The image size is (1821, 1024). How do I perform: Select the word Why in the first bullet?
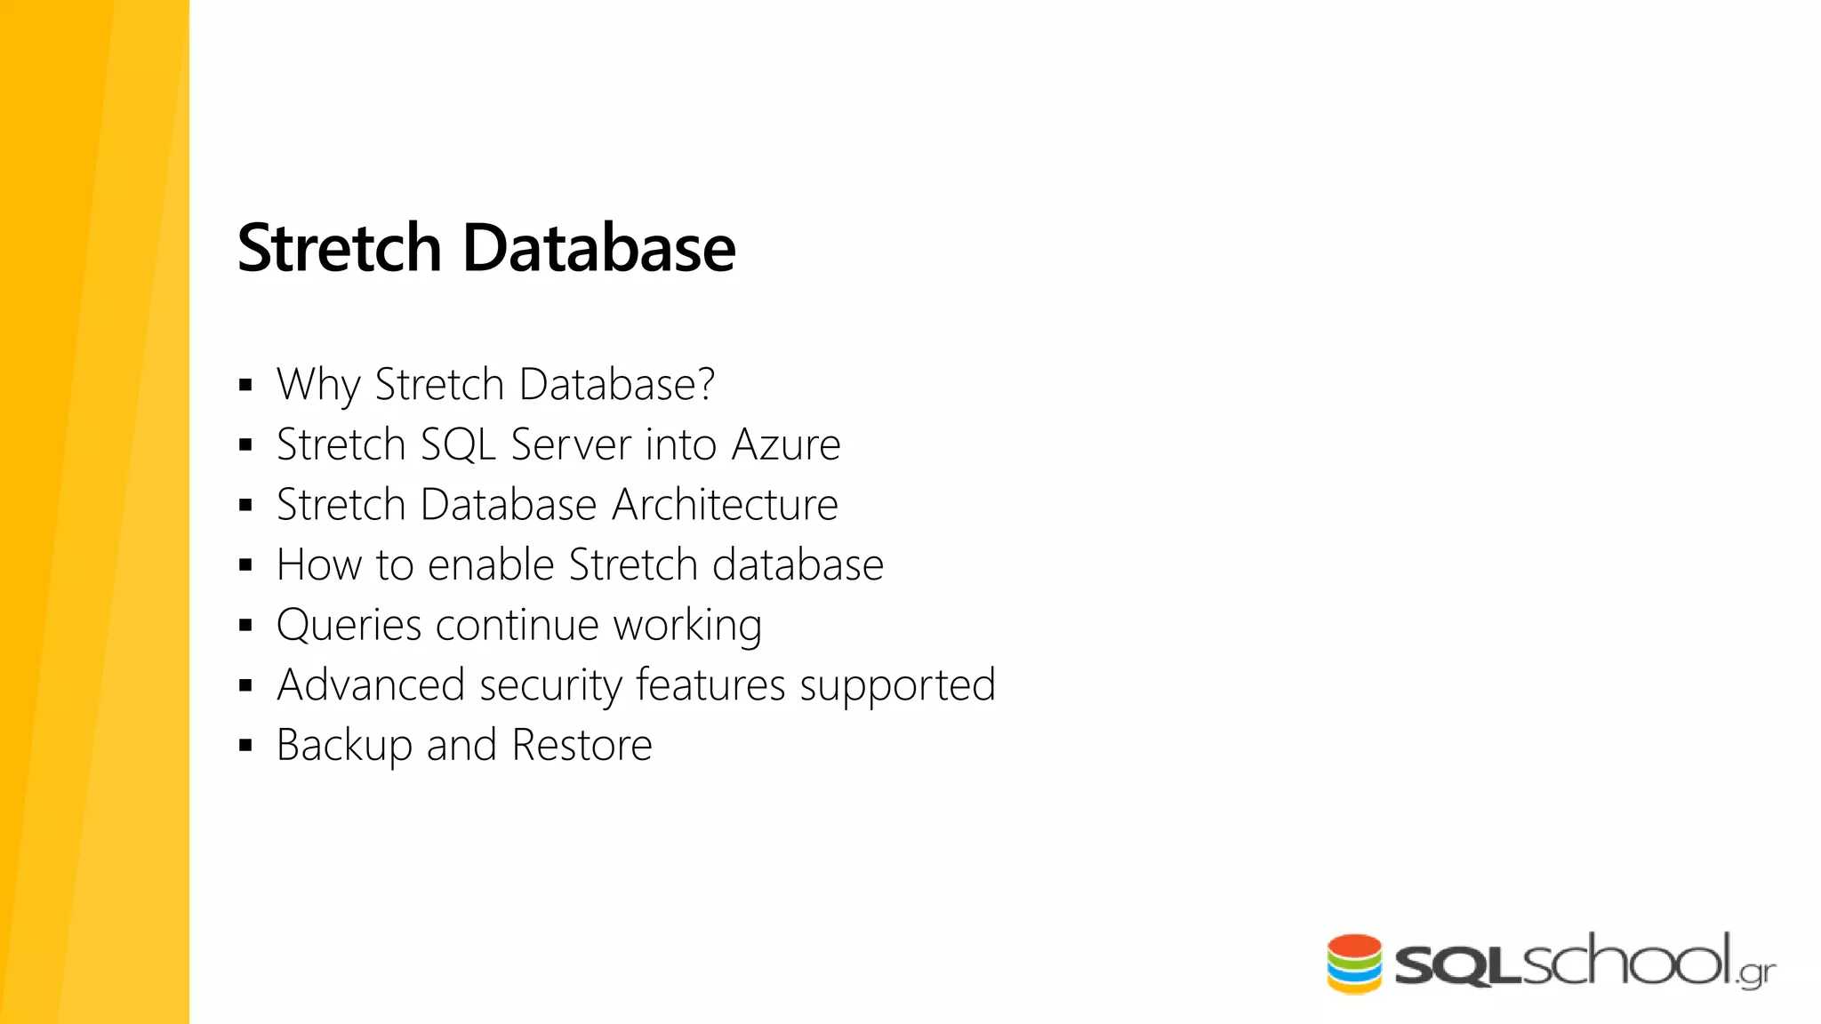pos(318,385)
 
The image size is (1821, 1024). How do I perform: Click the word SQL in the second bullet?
pos(457,444)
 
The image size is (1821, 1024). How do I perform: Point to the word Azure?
pos(785,444)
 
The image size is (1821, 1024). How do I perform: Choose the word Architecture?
pos(725,505)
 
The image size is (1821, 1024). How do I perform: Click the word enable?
pos(491,564)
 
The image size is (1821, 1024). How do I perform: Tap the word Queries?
pos(349,626)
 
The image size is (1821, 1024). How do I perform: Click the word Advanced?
pos(371,685)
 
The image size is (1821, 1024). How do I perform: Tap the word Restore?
pos(582,745)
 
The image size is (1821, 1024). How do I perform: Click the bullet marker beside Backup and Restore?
pos(246,745)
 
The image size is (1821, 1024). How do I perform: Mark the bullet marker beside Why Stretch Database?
pos(246,385)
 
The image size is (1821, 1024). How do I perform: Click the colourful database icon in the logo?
pos(1354,964)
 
